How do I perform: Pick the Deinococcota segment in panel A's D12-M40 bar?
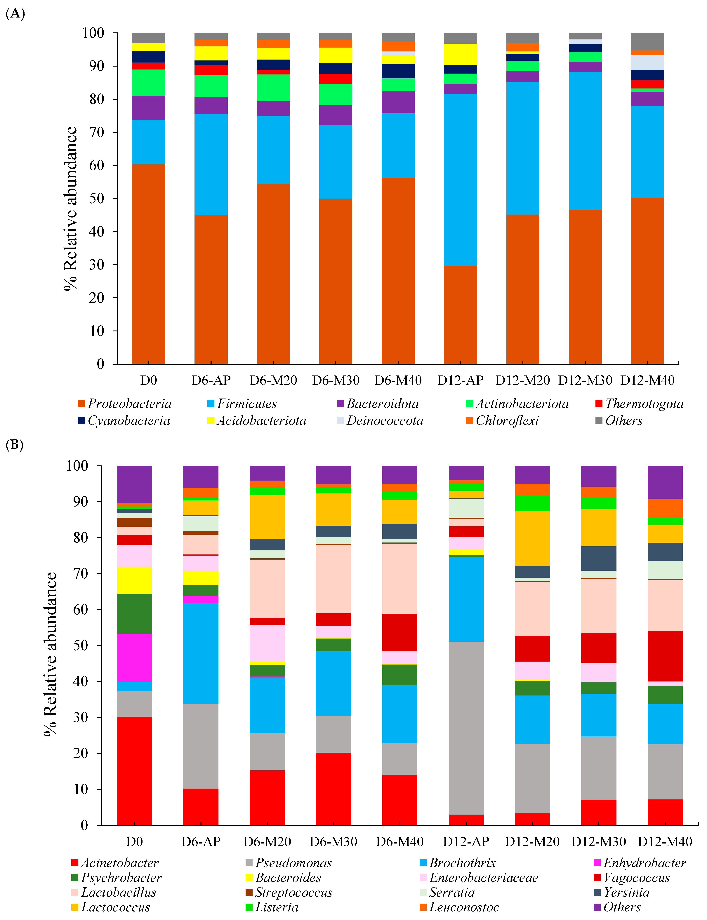pos(647,63)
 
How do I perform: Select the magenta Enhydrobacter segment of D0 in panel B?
pos(134,658)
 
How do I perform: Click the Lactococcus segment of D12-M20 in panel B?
pos(532,538)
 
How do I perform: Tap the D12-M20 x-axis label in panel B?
pos(532,842)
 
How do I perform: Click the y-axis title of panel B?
pos(51,654)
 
